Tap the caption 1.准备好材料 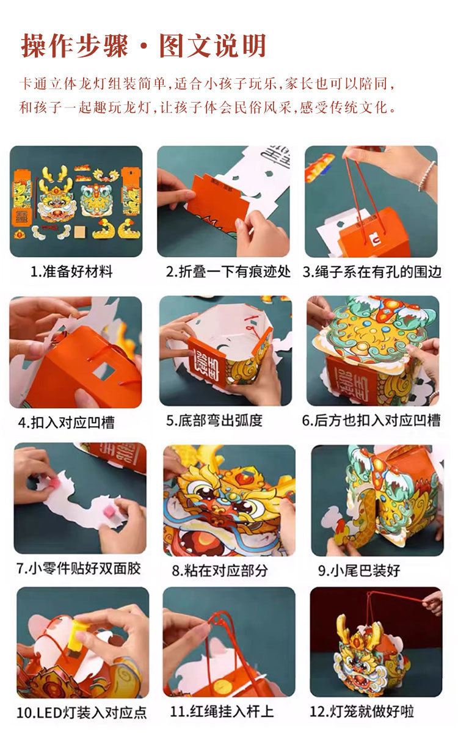(x=71, y=272)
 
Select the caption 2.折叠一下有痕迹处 (x=228, y=272)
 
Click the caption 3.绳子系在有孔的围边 (x=372, y=272)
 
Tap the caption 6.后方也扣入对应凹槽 (x=371, y=421)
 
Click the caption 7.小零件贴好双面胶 (x=78, y=569)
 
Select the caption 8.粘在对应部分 (x=220, y=571)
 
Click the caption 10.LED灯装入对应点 (x=82, y=713)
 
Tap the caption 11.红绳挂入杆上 (x=222, y=711)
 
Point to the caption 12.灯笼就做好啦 (x=371, y=711)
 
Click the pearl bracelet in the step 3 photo (x=427, y=176)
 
